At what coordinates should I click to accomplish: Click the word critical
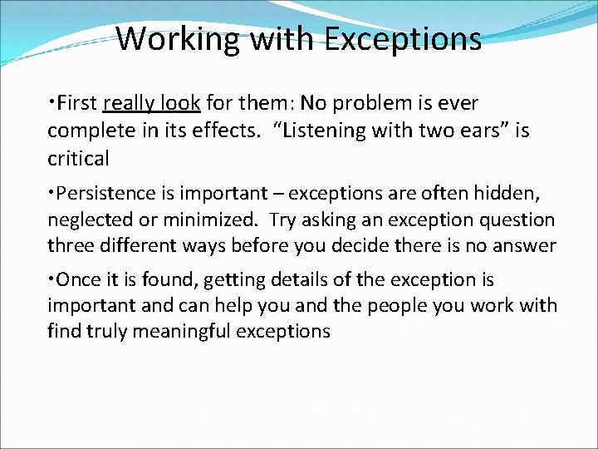(x=78, y=158)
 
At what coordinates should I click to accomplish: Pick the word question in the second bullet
(x=516, y=220)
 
